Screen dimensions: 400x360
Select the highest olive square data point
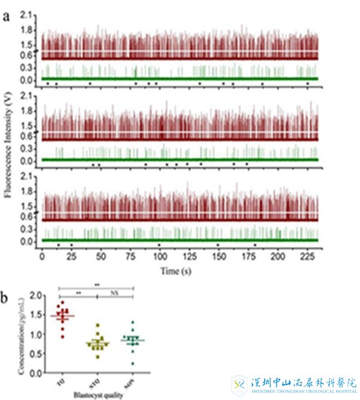(97, 324)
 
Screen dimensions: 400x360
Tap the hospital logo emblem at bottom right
(240, 384)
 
